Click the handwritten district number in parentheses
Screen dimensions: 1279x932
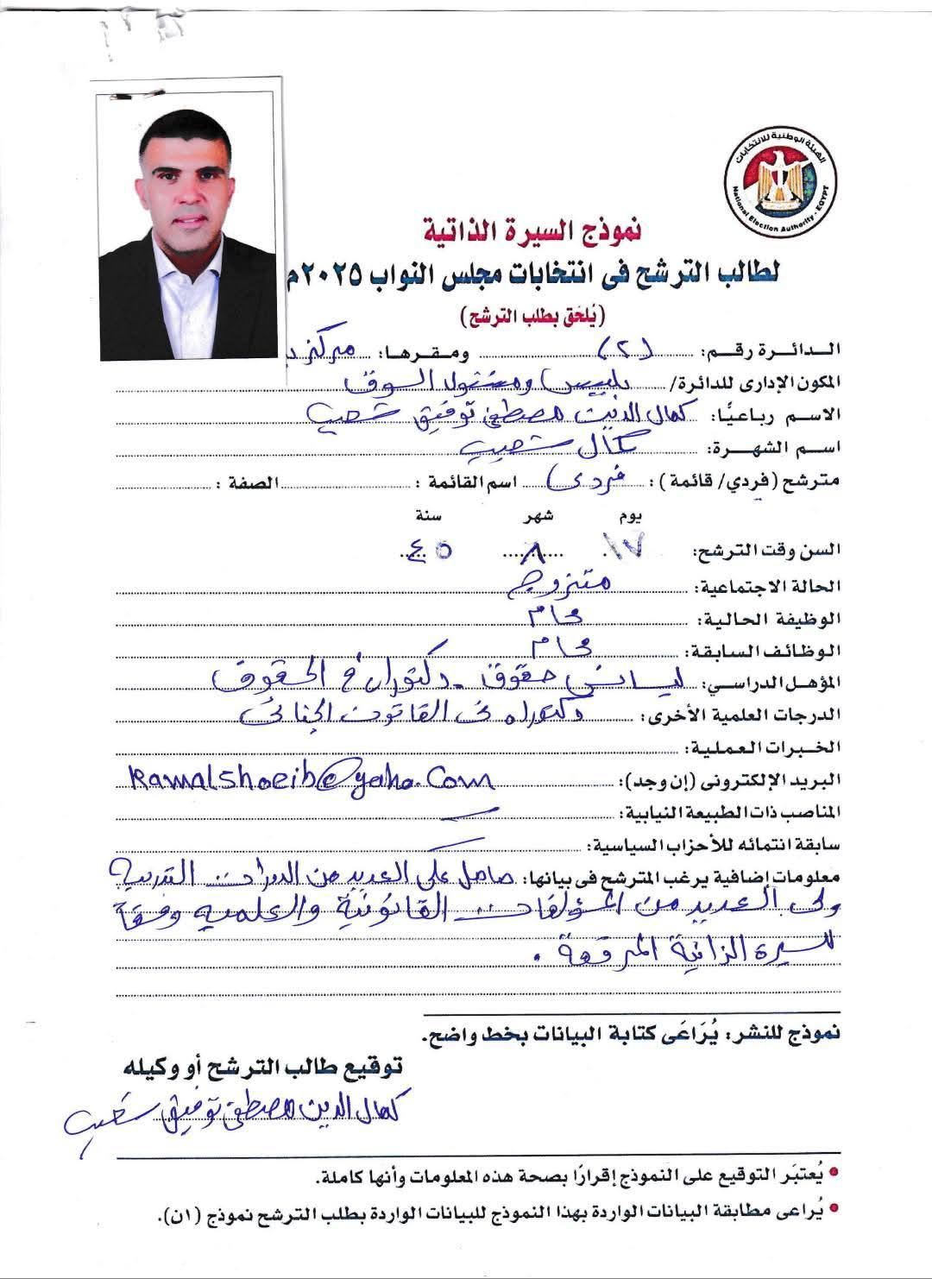[x=627, y=350]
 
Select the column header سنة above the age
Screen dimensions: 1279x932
[x=429, y=517]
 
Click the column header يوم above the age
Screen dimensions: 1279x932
[x=632, y=517]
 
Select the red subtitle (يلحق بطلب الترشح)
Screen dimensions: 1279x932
[x=534, y=312]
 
